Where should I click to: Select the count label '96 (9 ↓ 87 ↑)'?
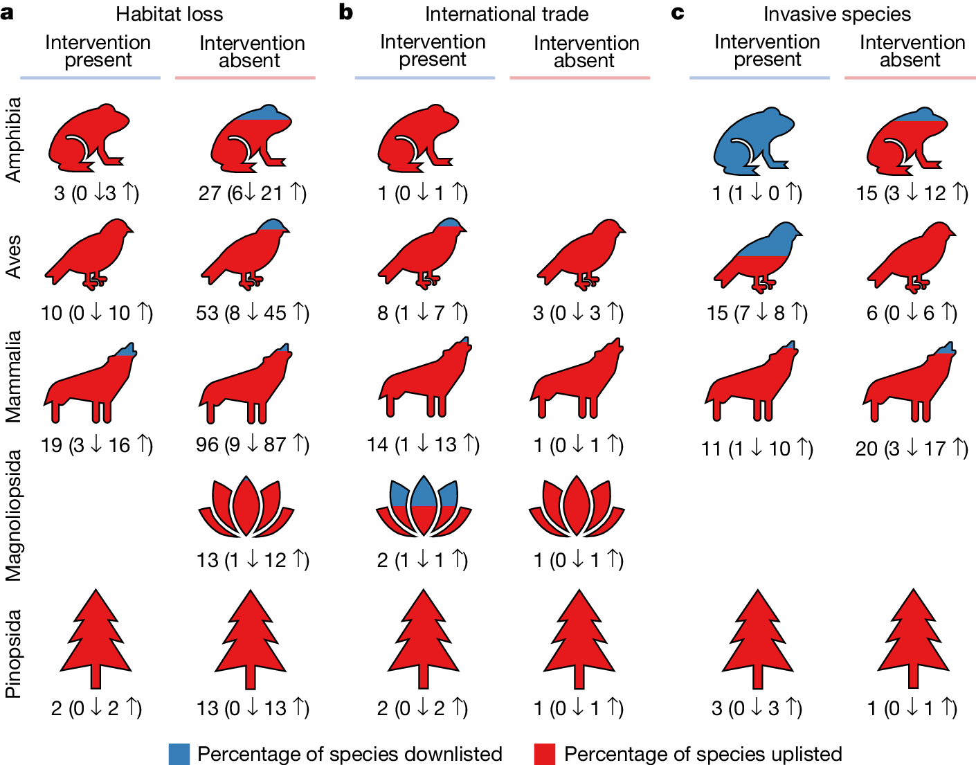pos(252,444)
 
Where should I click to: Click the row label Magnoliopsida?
pos(14,516)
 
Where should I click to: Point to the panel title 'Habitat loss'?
pos(170,14)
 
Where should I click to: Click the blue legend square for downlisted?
pos(179,754)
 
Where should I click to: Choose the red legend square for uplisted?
pos(545,754)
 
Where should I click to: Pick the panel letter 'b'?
pos(345,12)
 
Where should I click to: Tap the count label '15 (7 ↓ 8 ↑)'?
pos(757,313)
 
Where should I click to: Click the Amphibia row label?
pos(14,140)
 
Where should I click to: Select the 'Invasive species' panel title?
pos(837,14)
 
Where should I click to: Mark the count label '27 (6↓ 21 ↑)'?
pos(252,193)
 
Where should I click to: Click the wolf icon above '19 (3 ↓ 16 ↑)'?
pos(90,384)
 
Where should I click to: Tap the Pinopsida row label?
pos(14,654)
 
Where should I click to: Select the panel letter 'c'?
pos(678,12)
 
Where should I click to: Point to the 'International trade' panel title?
pos(507,14)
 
